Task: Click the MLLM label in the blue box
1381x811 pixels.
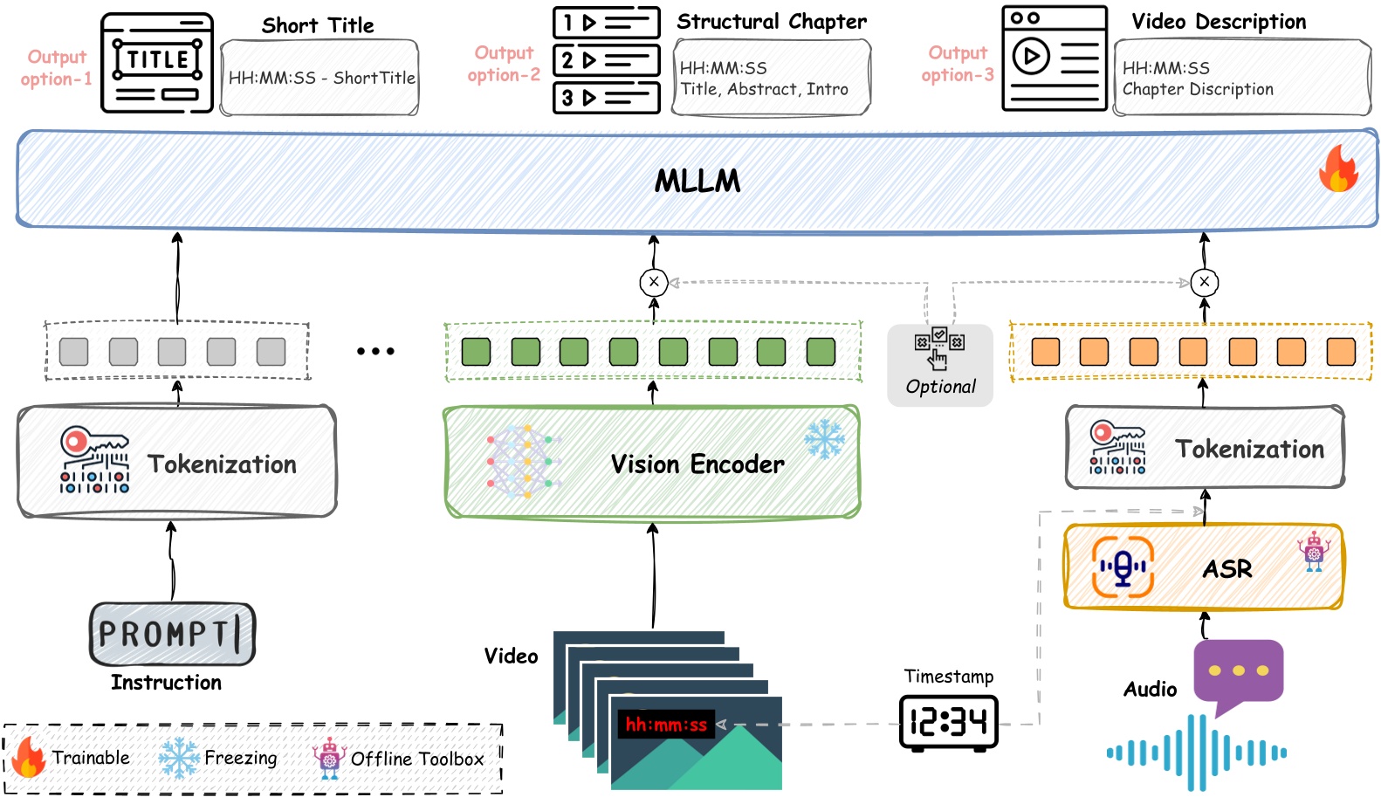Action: click(x=697, y=181)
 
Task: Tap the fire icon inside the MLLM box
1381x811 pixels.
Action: click(x=1338, y=168)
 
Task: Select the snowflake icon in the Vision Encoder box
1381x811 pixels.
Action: click(x=824, y=439)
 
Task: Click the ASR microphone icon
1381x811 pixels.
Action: click(x=1123, y=567)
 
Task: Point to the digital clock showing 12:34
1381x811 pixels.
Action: click(x=948, y=721)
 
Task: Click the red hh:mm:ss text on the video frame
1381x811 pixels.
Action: click(x=666, y=725)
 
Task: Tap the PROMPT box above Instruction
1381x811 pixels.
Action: click(x=172, y=634)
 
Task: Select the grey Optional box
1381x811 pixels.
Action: click(x=940, y=365)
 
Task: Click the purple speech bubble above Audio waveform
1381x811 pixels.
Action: click(x=1238, y=673)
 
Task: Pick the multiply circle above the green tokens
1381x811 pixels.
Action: click(x=654, y=282)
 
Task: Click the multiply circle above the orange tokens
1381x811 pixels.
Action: click(x=1205, y=282)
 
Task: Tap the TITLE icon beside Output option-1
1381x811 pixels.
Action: click(x=157, y=63)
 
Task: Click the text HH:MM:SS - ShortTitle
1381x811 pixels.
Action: click(x=321, y=78)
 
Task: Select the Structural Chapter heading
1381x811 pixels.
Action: click(x=772, y=22)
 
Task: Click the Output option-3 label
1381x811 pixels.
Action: click(x=958, y=64)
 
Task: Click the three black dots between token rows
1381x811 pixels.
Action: click(x=375, y=351)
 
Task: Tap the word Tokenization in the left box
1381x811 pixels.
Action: click(x=222, y=464)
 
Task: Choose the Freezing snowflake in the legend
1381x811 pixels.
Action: click(x=179, y=758)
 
